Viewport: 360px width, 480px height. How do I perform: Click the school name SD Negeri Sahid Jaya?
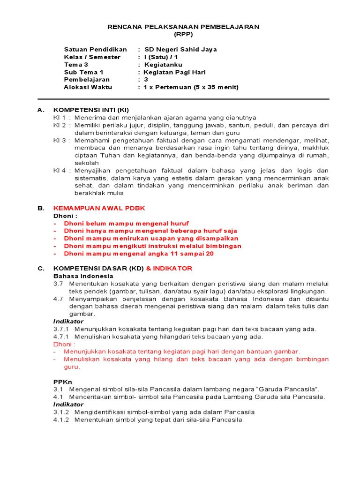pyautogui.click(x=180, y=49)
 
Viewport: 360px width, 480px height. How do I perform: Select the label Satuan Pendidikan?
pyautogui.click(x=96, y=49)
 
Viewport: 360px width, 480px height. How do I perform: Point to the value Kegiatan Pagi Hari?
pyautogui.click(x=174, y=72)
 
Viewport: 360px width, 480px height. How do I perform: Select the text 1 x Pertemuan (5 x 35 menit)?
pyautogui.click(x=191, y=87)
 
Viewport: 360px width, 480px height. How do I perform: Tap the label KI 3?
pyautogui.click(x=59, y=140)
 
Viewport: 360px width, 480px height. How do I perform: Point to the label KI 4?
pyautogui.click(x=59, y=170)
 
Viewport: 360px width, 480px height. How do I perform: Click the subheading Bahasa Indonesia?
pyautogui.click(x=80, y=276)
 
